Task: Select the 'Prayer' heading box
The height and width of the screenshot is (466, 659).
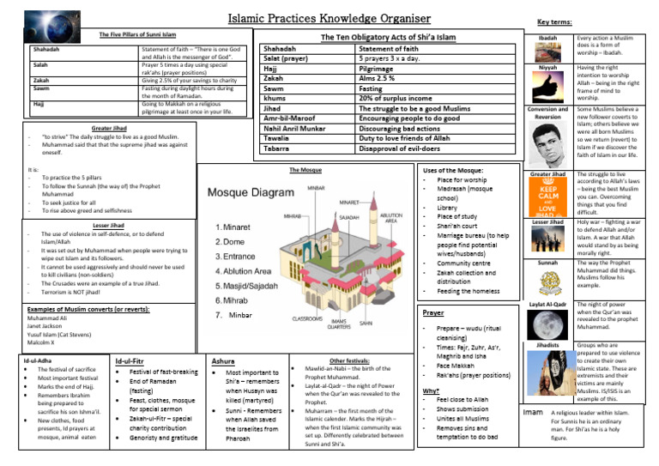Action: [x=434, y=313]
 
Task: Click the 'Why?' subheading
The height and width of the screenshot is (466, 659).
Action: [x=432, y=390]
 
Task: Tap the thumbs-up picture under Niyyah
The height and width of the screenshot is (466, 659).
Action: [x=547, y=85]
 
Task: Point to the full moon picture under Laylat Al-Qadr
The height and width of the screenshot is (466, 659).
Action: [x=547, y=324]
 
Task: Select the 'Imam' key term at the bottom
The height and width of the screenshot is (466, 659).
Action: [x=532, y=413]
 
